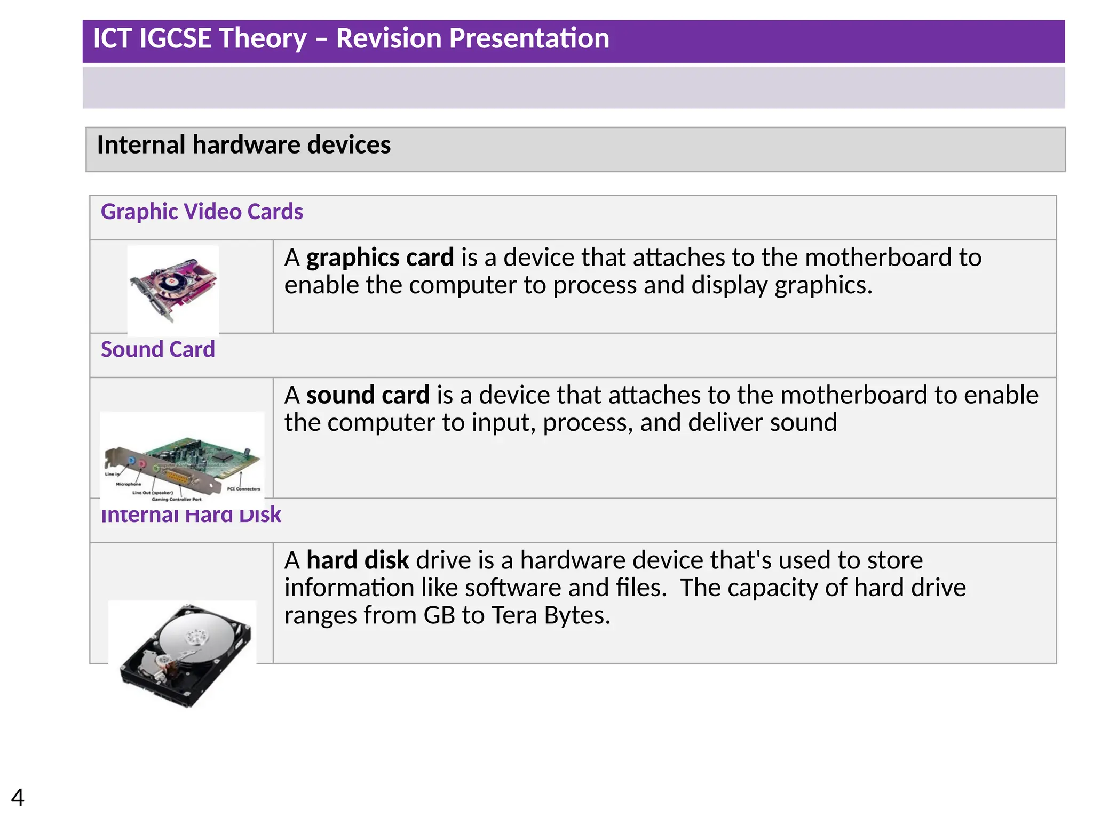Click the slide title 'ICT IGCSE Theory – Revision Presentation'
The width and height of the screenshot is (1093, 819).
click(x=351, y=38)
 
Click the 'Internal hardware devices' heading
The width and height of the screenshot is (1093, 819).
click(x=244, y=145)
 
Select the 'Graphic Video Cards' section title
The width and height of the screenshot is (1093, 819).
click(x=202, y=212)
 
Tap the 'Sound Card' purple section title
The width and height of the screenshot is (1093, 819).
click(x=158, y=349)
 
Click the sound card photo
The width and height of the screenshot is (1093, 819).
click(x=182, y=459)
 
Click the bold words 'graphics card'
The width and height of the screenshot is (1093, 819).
click(x=380, y=258)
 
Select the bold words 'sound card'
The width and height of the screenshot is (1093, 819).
click(x=368, y=395)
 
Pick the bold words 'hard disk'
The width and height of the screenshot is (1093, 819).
click(x=358, y=560)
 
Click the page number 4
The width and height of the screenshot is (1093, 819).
click(x=18, y=798)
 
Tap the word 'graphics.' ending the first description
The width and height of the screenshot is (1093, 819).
click(x=823, y=285)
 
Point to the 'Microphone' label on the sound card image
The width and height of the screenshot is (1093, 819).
click(x=129, y=484)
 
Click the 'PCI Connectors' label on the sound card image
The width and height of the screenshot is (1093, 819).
click(x=243, y=488)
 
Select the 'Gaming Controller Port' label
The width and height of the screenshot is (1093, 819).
click(x=177, y=500)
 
